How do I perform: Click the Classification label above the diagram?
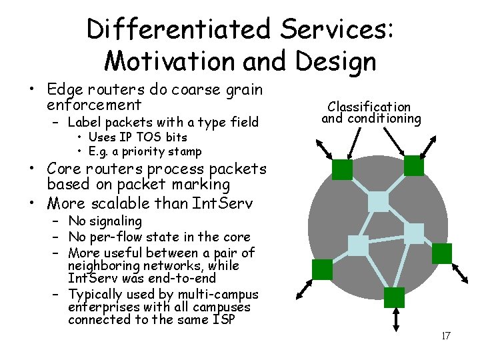[369, 106]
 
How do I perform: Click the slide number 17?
[446, 335]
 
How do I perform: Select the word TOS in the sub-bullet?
[141, 137]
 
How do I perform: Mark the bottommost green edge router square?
[395, 298]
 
